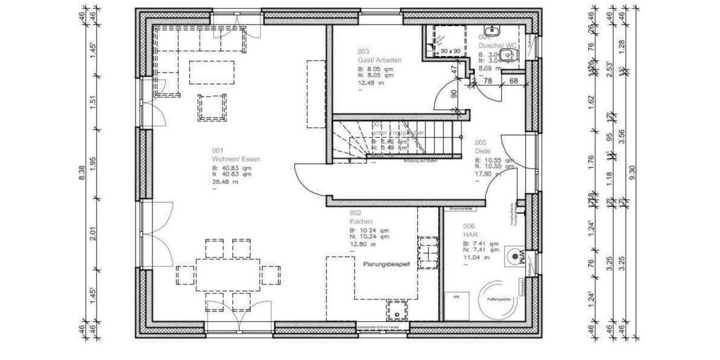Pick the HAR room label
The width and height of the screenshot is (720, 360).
point(469,235)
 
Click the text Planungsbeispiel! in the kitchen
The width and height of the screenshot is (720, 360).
point(386,264)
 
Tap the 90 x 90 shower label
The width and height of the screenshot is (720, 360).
point(450,52)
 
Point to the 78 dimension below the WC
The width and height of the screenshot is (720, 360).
point(488,80)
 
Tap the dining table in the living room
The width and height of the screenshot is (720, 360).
point(228,275)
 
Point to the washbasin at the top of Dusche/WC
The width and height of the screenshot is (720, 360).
point(494,29)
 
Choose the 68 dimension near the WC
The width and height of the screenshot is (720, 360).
point(514,80)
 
